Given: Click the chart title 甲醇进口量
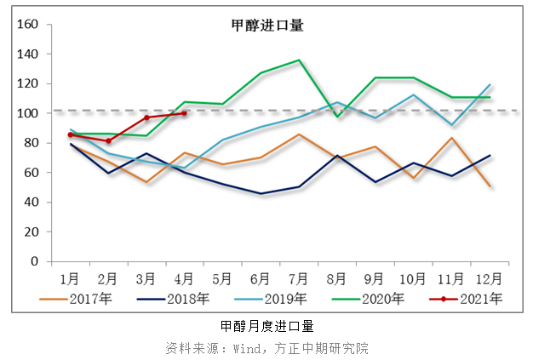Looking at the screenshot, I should (267, 26).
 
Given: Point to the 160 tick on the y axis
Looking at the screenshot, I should (27, 25).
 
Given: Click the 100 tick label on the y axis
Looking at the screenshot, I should (27, 113).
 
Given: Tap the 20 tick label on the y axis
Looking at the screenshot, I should (31, 231).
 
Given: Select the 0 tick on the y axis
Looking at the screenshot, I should (34, 261).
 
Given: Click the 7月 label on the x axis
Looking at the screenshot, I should (298, 277).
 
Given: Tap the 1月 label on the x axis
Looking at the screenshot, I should (70, 277).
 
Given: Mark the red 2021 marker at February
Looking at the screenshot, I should (108, 140).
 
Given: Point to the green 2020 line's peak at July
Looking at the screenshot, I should (299, 60).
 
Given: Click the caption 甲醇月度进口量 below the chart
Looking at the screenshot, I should (267, 326).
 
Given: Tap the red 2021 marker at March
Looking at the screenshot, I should (146, 117).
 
